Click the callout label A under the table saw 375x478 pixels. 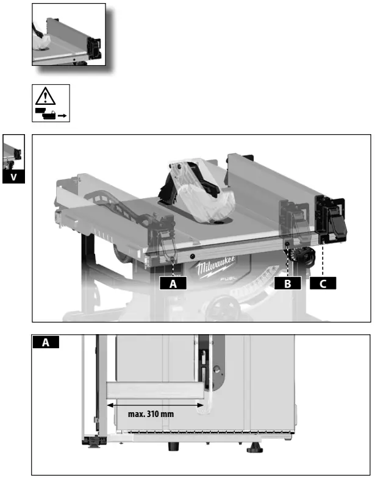173,283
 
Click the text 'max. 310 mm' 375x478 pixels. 151,413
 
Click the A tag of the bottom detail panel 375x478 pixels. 46,343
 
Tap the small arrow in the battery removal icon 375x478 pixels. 61,114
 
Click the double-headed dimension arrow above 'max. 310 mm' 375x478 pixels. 155,403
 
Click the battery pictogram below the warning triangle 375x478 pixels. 45,113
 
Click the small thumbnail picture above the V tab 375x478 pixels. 13,152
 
